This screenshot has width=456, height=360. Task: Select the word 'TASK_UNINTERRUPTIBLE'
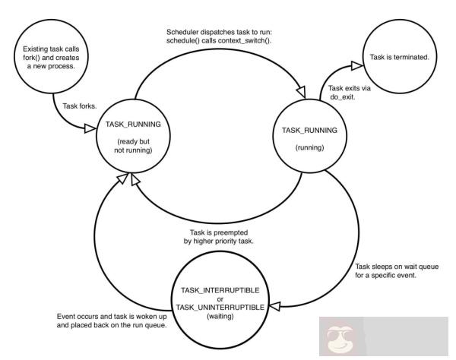click(x=221, y=306)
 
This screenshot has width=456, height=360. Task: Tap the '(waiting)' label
click(x=221, y=315)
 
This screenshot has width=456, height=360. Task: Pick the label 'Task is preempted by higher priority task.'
click(x=221, y=237)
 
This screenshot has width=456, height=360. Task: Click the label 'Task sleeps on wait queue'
click(x=396, y=267)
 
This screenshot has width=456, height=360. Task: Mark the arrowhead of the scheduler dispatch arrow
click(x=302, y=92)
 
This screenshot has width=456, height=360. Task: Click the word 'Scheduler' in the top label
click(x=185, y=31)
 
